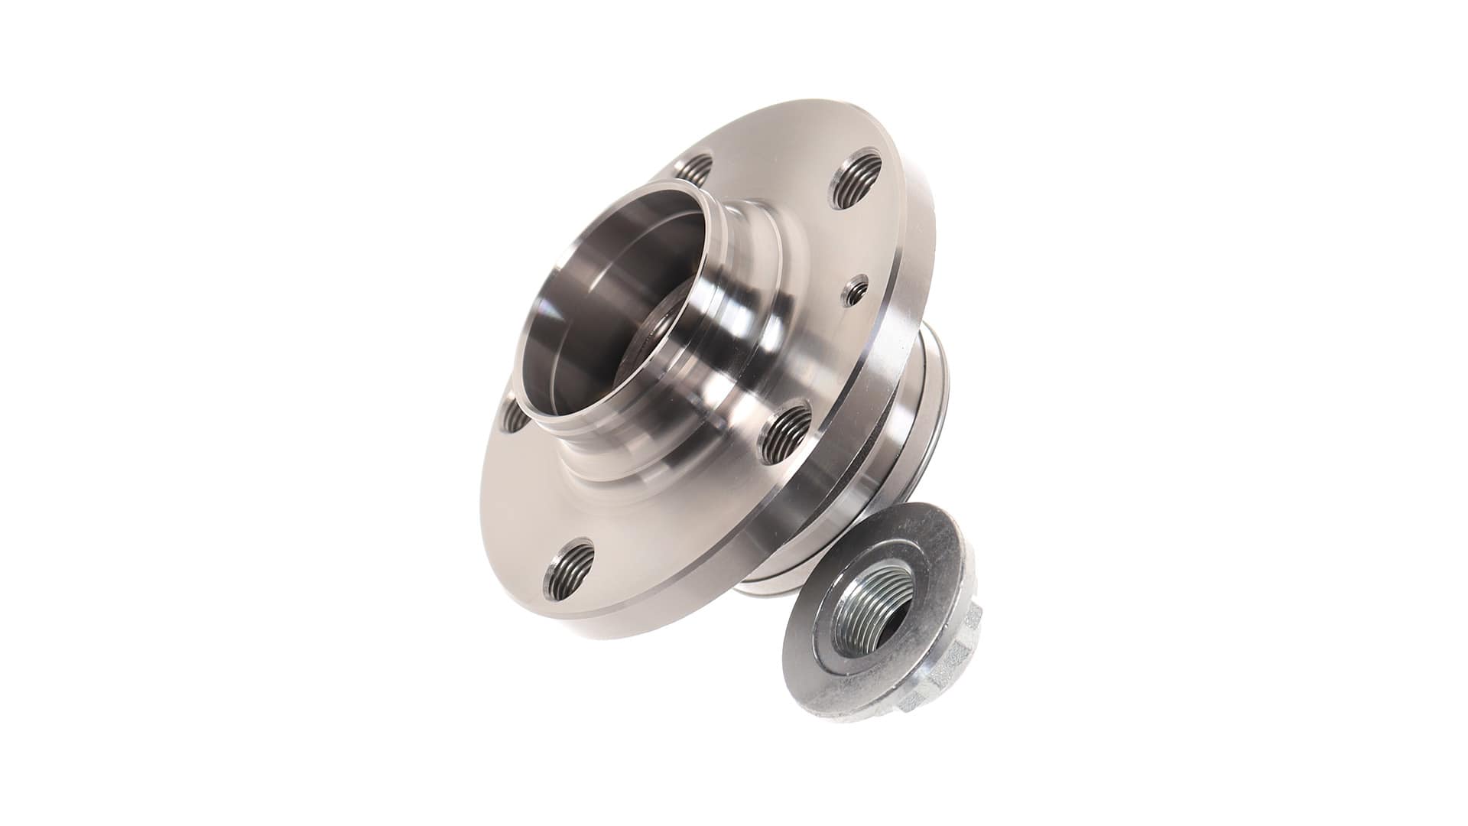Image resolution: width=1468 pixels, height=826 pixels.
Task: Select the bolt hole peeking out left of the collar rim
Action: coord(511,414)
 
